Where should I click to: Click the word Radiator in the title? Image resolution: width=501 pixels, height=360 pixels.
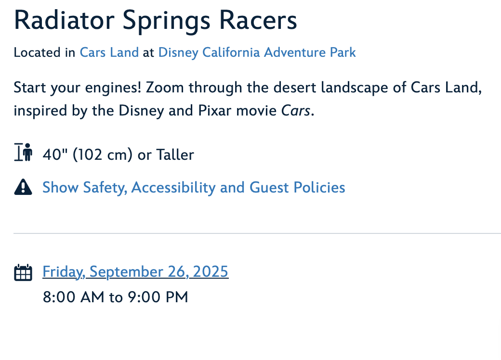point(64,20)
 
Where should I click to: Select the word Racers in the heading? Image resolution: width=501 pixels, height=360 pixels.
point(258,20)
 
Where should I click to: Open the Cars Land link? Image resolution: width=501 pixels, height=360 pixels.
point(109,52)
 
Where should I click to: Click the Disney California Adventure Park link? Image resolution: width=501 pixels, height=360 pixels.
point(257,52)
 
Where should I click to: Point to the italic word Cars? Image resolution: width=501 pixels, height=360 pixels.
point(296,111)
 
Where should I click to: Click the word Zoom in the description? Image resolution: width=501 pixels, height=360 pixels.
point(165,88)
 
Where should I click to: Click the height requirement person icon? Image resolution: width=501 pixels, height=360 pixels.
point(23,152)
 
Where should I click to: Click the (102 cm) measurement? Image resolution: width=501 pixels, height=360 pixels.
point(103,155)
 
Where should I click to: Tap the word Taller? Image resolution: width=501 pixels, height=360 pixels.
point(175,155)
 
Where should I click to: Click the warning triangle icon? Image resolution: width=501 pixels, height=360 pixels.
point(23,187)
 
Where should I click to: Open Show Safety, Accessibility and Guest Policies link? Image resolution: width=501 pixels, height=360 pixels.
point(194,188)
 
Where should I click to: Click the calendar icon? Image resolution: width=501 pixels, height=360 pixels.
point(23,272)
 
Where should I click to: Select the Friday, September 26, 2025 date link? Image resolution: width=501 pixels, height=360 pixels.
point(135,272)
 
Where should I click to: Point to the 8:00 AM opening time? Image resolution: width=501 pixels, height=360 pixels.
point(74,297)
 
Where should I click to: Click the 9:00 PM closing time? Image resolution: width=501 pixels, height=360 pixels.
point(158,297)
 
